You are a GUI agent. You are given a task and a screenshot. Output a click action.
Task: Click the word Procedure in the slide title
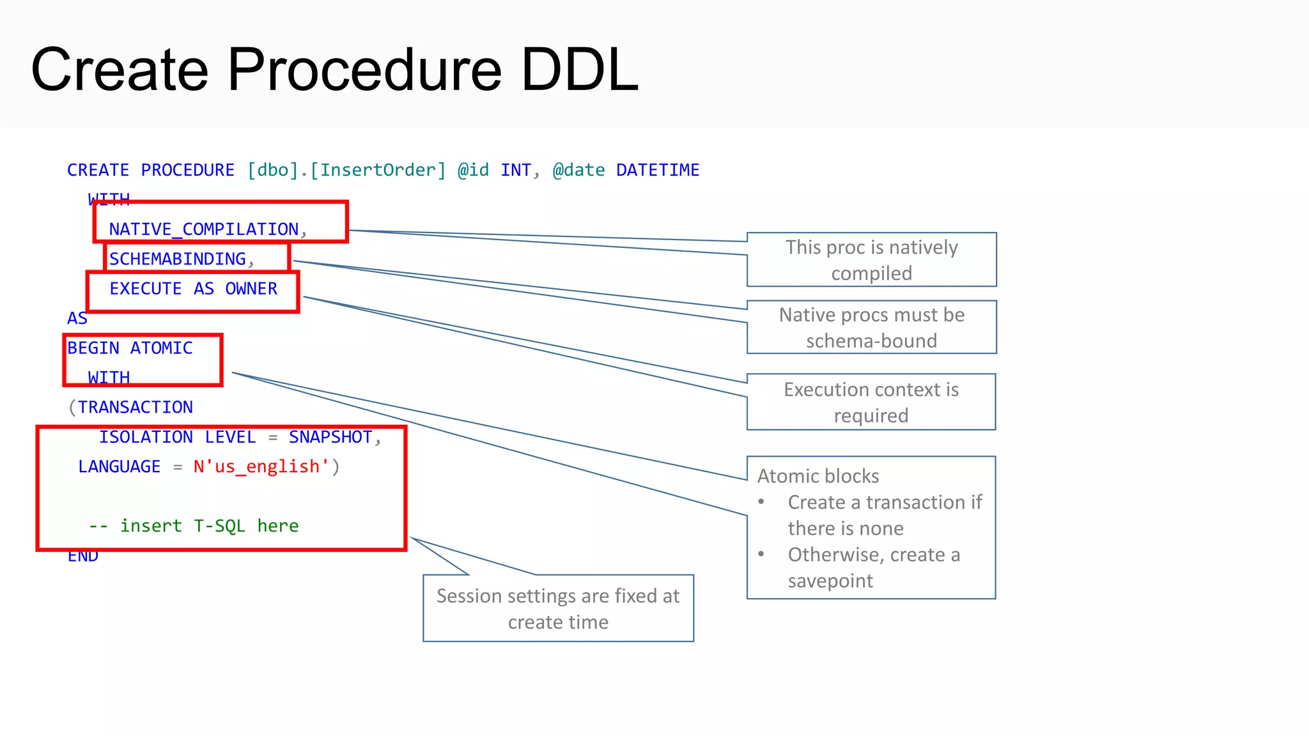click(364, 70)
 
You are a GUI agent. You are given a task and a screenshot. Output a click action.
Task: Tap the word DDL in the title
click(579, 70)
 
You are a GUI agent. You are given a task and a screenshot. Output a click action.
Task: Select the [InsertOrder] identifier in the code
click(378, 171)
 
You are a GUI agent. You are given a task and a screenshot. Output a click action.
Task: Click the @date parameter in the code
click(578, 171)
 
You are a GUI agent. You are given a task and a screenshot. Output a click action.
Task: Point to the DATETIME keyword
click(657, 171)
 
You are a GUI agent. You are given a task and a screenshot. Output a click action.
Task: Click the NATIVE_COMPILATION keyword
click(203, 229)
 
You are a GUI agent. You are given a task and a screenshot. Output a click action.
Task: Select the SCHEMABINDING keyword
click(177, 259)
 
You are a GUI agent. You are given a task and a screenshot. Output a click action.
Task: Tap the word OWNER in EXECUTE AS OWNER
click(251, 289)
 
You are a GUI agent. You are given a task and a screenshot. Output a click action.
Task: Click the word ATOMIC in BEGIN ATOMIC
click(161, 348)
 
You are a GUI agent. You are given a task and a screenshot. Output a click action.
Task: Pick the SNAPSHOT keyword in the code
click(330, 437)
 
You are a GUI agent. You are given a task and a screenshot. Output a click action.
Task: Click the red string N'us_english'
click(261, 467)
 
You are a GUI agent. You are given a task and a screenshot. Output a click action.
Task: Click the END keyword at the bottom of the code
click(83, 556)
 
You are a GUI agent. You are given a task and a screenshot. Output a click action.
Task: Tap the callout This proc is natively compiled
click(871, 260)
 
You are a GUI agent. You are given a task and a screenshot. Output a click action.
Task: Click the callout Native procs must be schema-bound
click(871, 328)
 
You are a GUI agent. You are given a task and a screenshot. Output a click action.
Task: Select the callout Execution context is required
click(871, 402)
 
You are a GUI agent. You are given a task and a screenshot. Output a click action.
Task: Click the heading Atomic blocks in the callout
click(818, 476)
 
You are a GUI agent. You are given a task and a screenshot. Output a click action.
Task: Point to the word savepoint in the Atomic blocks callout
click(830, 581)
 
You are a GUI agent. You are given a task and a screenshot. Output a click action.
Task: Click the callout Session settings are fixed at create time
click(558, 608)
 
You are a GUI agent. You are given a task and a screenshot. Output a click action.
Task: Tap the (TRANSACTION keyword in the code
click(131, 408)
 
